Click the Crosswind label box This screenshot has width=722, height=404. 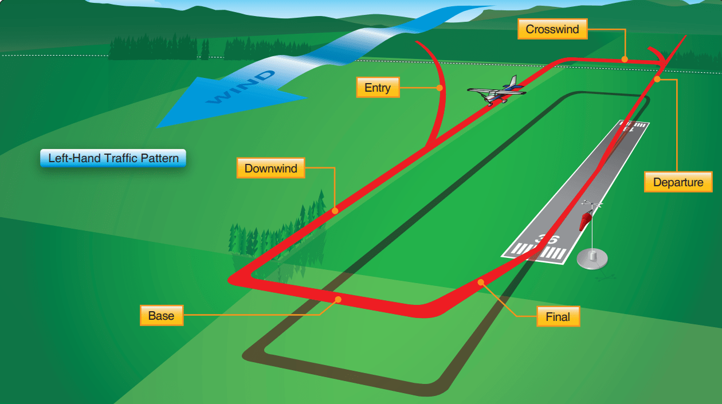tap(552, 29)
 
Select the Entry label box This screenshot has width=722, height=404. tap(378, 88)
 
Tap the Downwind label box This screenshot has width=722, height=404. tap(271, 168)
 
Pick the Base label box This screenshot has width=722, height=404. tap(161, 316)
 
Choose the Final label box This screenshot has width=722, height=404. tap(558, 316)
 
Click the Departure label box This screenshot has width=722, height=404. tap(678, 182)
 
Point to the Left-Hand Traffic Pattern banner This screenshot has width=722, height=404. tap(113, 158)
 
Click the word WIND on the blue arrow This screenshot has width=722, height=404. tap(240, 87)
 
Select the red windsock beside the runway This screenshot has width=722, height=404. tap(586, 219)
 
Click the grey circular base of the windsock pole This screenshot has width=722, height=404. tap(592, 258)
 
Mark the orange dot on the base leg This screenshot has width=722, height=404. tap(338, 299)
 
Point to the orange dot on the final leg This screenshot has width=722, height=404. tap(481, 282)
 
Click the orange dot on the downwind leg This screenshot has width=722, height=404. tap(335, 211)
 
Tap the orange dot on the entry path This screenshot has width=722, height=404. tap(440, 88)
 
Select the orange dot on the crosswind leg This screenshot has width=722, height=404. tap(625, 58)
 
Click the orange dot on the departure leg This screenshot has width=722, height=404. tap(657, 79)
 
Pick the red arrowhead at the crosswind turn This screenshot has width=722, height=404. tap(665, 60)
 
